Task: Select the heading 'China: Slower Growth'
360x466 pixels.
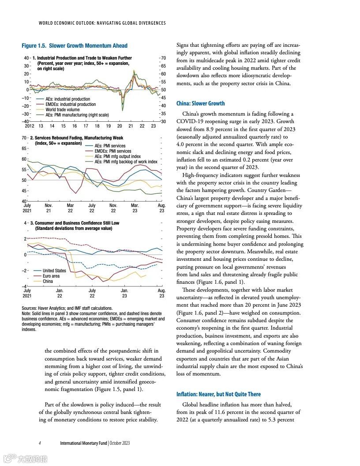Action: pos(200,103)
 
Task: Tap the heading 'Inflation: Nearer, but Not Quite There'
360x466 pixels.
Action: pos(218,394)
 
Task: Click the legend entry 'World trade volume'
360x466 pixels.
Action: pos(63,109)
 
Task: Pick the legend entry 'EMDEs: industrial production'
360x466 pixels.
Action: pos(71,104)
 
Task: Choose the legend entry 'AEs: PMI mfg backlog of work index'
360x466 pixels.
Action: pos(126,162)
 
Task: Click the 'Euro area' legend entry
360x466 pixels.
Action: pos(51,276)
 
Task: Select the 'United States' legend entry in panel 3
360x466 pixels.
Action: pos(54,271)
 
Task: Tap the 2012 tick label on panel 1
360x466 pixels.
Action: pos(29,126)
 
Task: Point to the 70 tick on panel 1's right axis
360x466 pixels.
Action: pos(163,58)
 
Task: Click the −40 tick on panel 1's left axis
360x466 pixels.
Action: pos(26,121)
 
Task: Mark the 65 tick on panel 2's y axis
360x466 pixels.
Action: pos(25,149)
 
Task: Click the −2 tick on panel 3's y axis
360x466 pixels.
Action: pos(26,271)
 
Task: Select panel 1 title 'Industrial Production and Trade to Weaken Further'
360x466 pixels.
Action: pos(84,58)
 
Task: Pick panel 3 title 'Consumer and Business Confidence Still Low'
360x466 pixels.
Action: pos(77,223)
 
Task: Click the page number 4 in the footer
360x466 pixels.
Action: pos(40,443)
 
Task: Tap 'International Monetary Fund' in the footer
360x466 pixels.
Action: pos(83,443)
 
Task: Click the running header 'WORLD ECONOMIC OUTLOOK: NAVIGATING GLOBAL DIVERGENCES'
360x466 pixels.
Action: pos(102,23)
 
